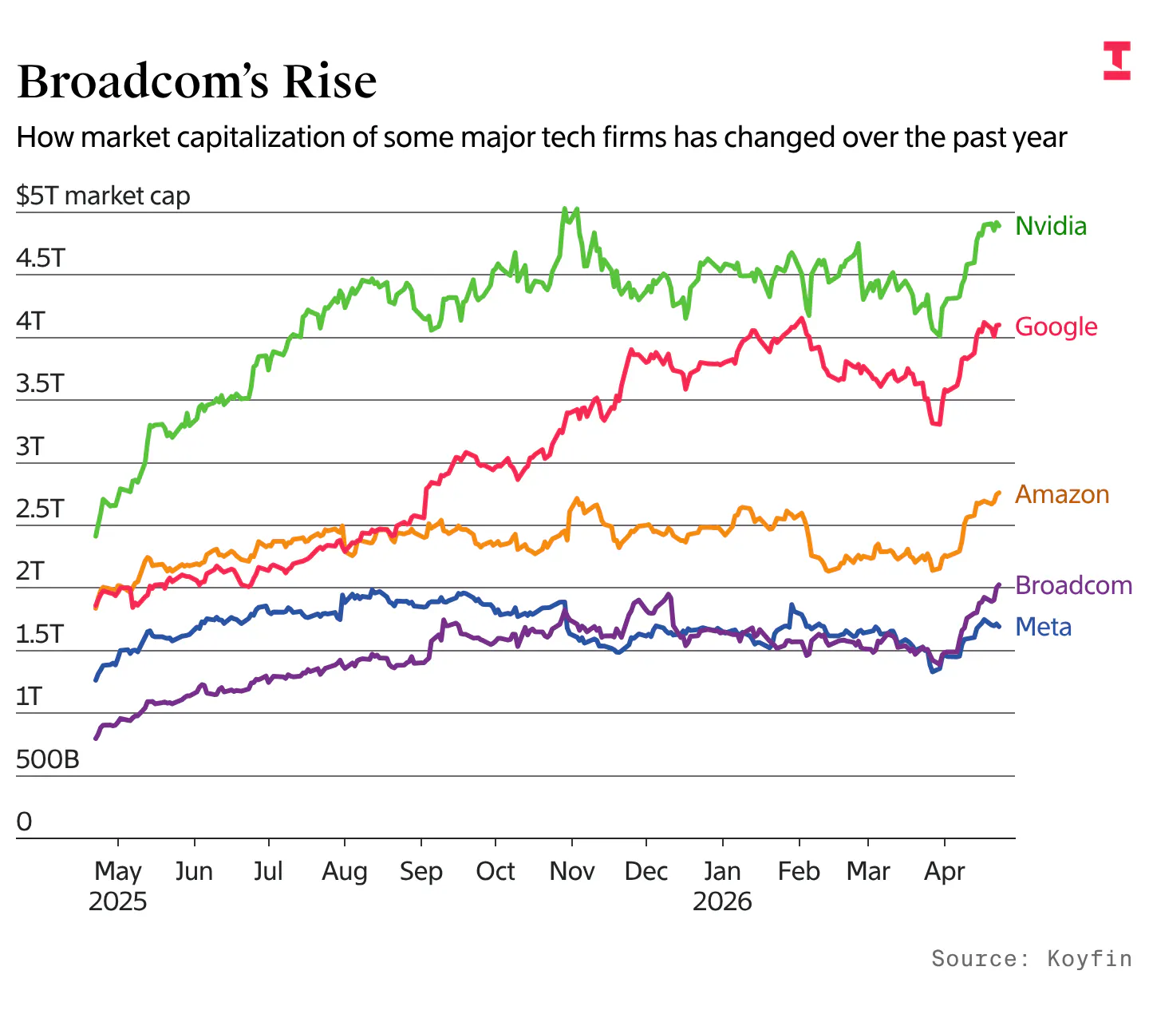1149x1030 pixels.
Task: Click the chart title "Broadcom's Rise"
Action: tap(196, 81)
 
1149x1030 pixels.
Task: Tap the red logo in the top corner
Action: tap(1116, 61)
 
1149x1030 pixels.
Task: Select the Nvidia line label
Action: tap(1050, 226)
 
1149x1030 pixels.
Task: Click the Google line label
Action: tap(1056, 327)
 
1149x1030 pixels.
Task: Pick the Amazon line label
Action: tap(1061, 495)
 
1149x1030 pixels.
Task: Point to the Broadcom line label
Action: tap(1073, 586)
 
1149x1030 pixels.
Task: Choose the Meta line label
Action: tap(1043, 628)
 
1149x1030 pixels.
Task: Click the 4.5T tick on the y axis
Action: tap(40, 259)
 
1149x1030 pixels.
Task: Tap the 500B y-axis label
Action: tap(48, 759)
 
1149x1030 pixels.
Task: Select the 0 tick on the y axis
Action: tap(25, 822)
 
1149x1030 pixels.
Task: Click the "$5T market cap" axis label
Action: tap(103, 196)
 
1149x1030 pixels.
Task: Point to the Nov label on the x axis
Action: tap(571, 871)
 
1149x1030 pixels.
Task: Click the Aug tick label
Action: tap(345, 871)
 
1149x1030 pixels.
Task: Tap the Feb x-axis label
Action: tap(799, 871)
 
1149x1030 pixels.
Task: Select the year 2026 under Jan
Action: tap(722, 901)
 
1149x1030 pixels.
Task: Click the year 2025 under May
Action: tap(118, 901)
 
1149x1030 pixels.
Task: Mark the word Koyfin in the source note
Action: tap(1089, 958)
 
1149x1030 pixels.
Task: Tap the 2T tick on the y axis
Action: tap(30, 572)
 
